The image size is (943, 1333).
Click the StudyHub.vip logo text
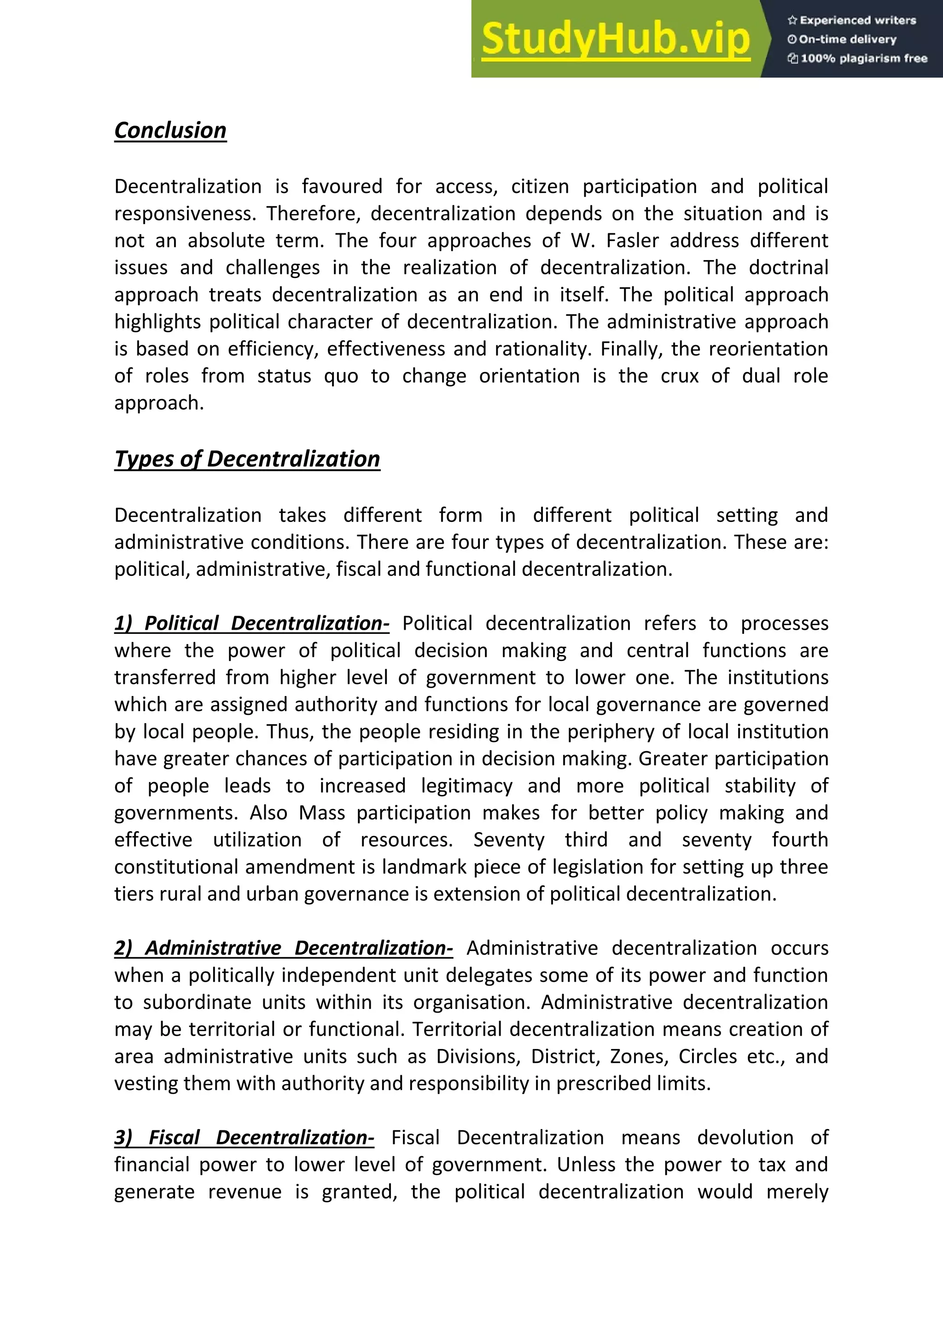tap(616, 39)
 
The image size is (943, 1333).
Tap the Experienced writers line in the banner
tap(851, 20)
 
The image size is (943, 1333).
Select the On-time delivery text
tap(842, 40)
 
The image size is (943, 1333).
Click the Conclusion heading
tap(170, 131)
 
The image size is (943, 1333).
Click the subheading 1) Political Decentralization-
tap(251, 624)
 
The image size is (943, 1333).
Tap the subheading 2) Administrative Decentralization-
tap(283, 948)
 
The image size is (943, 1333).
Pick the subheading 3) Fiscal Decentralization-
tap(244, 1137)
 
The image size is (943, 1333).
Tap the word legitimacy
tap(466, 786)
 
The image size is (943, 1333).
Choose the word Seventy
tap(509, 840)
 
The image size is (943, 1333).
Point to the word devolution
tap(745, 1137)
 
